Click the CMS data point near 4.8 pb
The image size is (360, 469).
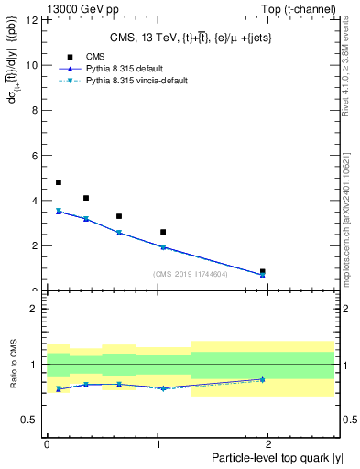click(59, 182)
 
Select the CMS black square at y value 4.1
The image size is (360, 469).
click(86, 198)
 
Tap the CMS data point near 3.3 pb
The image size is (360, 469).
click(119, 216)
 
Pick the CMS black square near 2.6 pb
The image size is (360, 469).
click(163, 232)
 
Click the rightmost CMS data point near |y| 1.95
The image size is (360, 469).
click(263, 271)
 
